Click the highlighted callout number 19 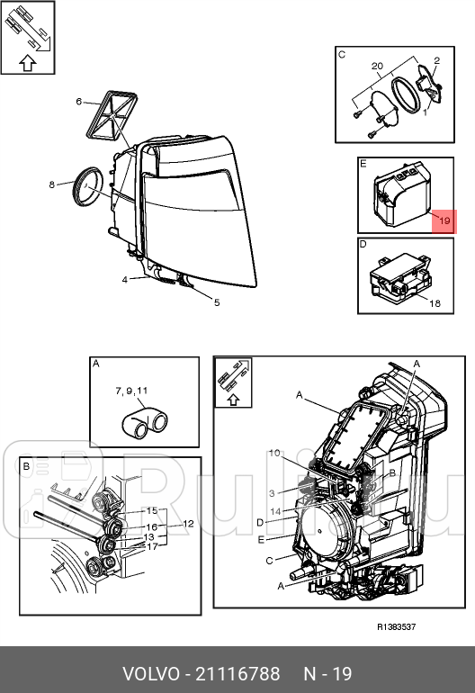tap(444, 220)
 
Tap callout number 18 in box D tap(435, 303)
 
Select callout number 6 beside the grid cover tap(78, 102)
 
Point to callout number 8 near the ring tap(51, 184)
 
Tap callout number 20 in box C tap(377, 66)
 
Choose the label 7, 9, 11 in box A tap(131, 391)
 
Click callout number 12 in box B tap(188, 524)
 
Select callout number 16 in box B tap(151, 527)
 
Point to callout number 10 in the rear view tap(274, 453)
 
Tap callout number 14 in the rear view tap(275, 511)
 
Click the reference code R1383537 tap(397, 626)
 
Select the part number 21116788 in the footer tap(237, 674)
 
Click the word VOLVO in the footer tap(151, 674)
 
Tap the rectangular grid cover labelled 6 tap(111, 116)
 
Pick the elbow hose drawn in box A tap(144, 423)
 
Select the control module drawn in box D tap(399, 277)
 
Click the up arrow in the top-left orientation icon tap(27, 63)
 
